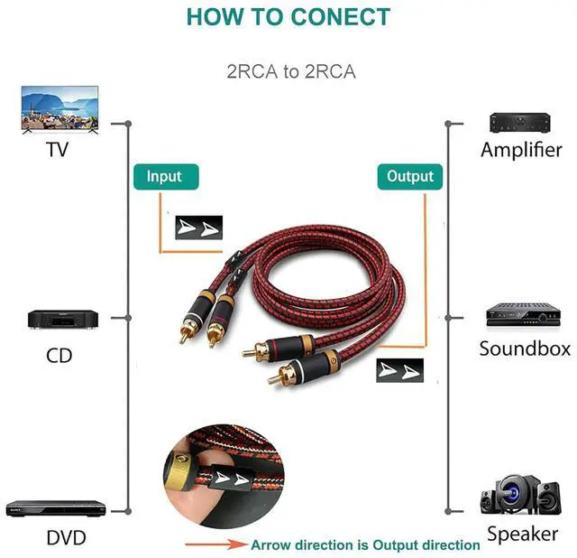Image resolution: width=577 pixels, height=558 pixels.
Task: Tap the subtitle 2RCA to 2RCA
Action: point(290,71)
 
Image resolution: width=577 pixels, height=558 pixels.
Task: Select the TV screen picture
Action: point(60,107)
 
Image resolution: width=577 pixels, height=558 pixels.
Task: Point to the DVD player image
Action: point(56,507)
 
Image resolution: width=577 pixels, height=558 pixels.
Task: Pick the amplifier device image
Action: point(519,123)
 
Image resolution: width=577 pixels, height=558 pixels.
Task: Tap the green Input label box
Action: point(164,176)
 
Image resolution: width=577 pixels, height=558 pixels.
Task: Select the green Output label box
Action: point(410,176)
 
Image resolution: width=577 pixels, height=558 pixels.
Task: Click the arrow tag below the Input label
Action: point(197,226)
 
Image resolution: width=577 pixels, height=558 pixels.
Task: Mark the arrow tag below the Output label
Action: point(399,370)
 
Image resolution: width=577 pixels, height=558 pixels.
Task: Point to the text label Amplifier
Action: point(521,150)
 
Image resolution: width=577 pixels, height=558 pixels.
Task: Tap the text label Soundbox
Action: point(525,349)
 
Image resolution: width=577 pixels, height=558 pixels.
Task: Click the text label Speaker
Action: point(523,534)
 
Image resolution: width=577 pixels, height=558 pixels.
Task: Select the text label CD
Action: point(59,355)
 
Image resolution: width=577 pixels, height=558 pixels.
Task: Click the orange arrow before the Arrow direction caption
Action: point(215,544)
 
